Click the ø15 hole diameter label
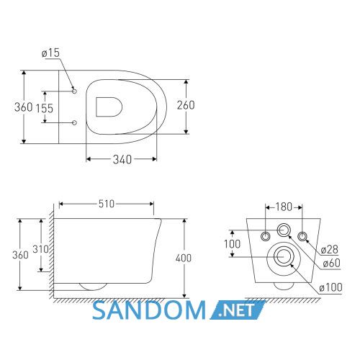(50, 53)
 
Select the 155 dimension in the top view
(45, 108)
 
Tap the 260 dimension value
(186, 105)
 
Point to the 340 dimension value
(122, 159)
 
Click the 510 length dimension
(107, 204)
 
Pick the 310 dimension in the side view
(41, 249)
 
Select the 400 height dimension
(184, 258)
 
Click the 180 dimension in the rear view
(284, 207)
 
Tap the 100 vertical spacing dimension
(232, 244)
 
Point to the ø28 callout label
(330, 250)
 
